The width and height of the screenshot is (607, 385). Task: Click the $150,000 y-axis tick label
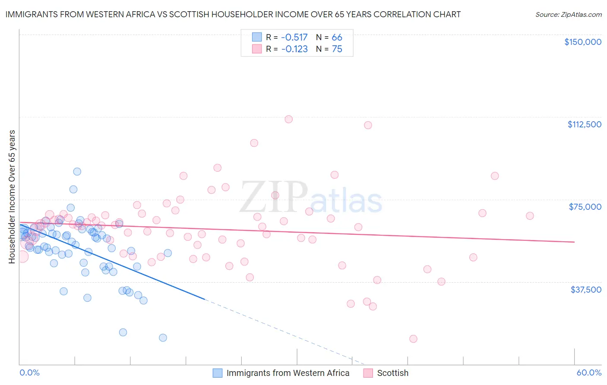[x=582, y=42]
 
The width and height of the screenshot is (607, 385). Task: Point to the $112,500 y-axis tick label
[x=584, y=124]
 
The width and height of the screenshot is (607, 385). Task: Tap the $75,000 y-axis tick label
[x=585, y=207]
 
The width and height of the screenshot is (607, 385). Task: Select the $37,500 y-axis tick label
[x=586, y=290]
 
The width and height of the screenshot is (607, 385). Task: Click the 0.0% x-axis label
[x=29, y=372]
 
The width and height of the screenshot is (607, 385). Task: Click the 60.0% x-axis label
[x=589, y=372]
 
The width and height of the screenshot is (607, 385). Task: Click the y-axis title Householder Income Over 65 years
[x=12, y=196]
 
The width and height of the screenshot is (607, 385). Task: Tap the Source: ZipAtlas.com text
[x=568, y=14]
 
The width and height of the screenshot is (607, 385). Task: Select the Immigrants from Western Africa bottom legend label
[x=288, y=373]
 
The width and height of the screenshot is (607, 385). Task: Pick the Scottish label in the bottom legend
[x=392, y=373]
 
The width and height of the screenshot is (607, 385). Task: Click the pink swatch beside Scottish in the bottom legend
[x=368, y=373]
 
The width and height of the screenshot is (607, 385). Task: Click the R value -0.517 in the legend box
[x=294, y=37]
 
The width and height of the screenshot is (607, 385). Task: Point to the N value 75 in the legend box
[x=337, y=49]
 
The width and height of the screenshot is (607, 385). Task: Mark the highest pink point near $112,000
[x=288, y=119]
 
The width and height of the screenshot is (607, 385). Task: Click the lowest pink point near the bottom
[x=413, y=339]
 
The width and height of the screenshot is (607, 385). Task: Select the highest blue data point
[x=77, y=171]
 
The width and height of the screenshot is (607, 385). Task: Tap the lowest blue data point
[x=163, y=338]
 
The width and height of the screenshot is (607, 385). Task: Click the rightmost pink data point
[x=530, y=216]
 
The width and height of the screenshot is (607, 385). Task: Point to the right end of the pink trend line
[x=574, y=242]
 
